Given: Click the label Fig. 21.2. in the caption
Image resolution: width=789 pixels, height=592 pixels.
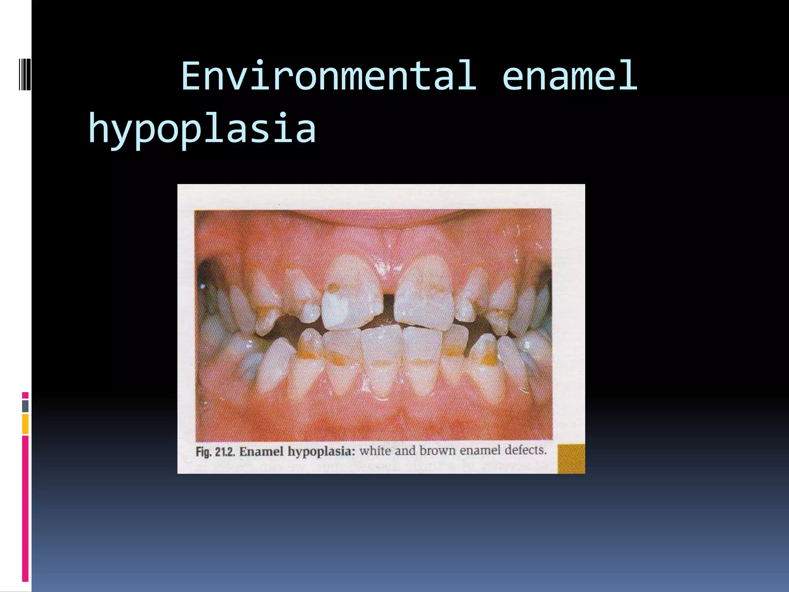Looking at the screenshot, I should pos(215,452).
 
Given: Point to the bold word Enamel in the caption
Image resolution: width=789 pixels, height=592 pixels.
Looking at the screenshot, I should pos(262,451).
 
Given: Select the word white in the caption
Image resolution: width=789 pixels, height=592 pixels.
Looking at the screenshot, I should pos(375,451).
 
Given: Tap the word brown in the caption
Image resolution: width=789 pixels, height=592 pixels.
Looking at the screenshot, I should pos(437,450).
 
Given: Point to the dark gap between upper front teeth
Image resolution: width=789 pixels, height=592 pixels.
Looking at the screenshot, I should pos(388,308).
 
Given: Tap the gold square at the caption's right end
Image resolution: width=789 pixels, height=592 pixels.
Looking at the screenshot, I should pos(571,459).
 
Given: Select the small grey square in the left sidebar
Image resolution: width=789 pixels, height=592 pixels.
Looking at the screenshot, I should pos(25,406).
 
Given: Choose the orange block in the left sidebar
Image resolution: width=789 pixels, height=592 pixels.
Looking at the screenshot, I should pos(25,424).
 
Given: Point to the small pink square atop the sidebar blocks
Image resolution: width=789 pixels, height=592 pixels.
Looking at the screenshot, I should pos(25,395).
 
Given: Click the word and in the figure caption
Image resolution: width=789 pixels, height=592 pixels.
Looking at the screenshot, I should pos(405,450).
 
